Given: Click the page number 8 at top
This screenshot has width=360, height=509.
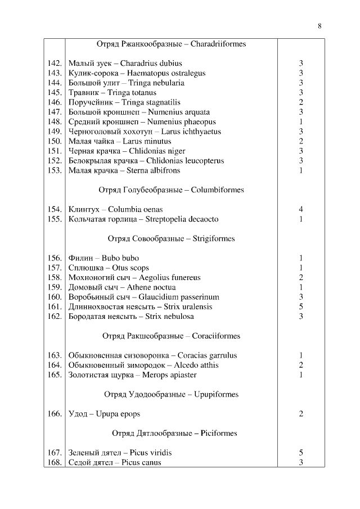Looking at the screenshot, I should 319,25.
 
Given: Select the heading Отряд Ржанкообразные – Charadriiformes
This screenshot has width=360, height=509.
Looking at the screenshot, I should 171,43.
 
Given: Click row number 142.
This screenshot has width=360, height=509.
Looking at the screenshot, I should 55,64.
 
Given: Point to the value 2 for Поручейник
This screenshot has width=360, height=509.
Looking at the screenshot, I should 301,102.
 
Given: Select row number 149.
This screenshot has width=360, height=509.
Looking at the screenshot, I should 55,132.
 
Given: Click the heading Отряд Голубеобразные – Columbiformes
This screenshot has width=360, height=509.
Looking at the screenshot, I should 171,190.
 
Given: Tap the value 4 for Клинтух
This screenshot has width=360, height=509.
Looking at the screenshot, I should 301,209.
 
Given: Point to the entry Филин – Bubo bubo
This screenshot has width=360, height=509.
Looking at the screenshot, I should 103,258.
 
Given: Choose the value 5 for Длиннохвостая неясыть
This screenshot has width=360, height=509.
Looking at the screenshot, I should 301,307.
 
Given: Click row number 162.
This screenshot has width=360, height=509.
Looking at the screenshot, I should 55,316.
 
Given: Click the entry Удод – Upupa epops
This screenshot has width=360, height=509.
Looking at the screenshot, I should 104,414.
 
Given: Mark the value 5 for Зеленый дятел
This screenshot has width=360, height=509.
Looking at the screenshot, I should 301,453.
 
